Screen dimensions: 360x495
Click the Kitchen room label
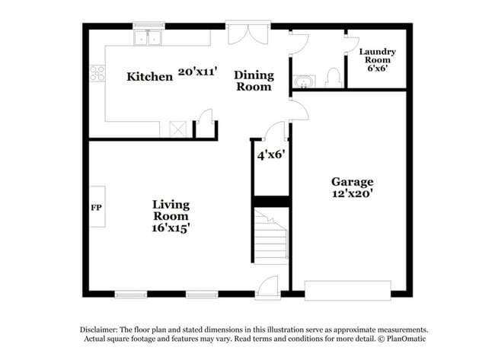[149, 76]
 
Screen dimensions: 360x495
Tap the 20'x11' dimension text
[198, 72]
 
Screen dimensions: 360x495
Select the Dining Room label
[253, 81]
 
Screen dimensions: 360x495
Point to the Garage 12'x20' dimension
[352, 194]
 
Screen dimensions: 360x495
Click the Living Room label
[171, 211]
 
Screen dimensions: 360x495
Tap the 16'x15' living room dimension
[171, 228]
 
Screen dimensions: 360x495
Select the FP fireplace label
[97, 207]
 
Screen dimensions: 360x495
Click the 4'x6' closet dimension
[270, 155]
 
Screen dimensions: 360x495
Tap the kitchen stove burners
[97, 73]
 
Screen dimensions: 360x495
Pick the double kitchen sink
[148, 37]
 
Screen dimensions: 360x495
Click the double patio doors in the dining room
[248, 33]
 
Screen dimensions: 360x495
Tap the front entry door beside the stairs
[267, 288]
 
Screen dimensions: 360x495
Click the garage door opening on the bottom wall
[347, 290]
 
